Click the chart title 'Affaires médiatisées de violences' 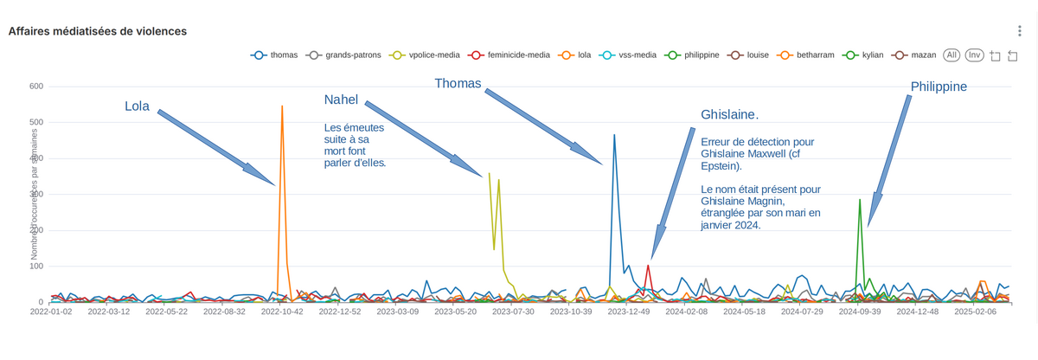[x=98, y=31]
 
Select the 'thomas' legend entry [x=275, y=55]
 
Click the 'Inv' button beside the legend [x=974, y=55]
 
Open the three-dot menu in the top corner [x=1019, y=31]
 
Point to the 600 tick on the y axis [x=36, y=87]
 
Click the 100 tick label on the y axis [x=36, y=266]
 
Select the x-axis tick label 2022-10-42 [x=282, y=312]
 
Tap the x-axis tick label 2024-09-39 [x=860, y=312]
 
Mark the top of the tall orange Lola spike [x=282, y=106]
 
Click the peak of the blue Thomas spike [x=614, y=135]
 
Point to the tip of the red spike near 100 [x=648, y=266]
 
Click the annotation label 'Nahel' [x=341, y=100]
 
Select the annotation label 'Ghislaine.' [x=729, y=115]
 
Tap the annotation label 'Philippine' [x=939, y=87]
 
